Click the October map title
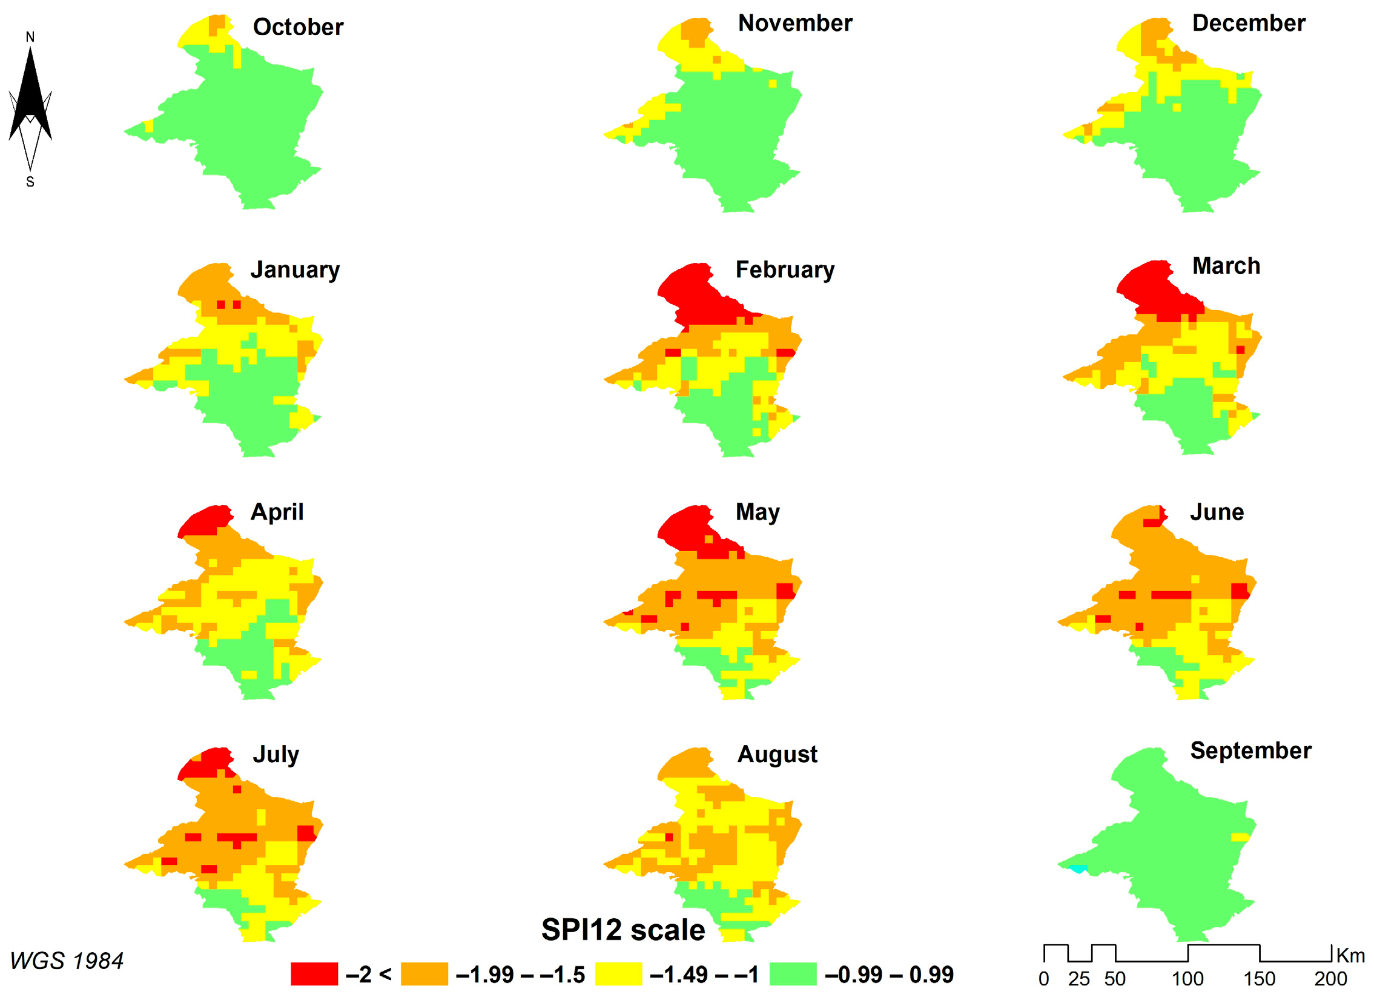coord(297,27)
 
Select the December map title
coord(1249,23)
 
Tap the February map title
coord(785,270)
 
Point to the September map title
coord(1250,751)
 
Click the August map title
coord(777,755)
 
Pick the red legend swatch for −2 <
coord(314,975)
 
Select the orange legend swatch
coord(424,975)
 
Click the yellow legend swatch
coord(618,975)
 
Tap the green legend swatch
coord(793,975)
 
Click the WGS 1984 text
coord(67,961)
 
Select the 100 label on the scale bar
coord(1187,979)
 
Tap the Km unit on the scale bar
coord(1351,956)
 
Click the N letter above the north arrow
coord(30,37)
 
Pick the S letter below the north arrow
coord(30,182)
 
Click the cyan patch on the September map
coord(1078,869)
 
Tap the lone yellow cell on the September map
coord(1240,837)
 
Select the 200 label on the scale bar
coord(1330,979)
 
